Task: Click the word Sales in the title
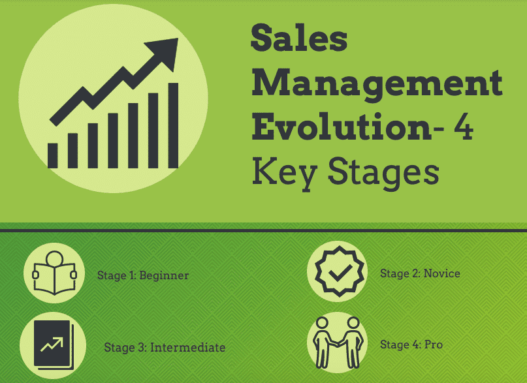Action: point(299,38)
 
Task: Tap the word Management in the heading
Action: point(377,85)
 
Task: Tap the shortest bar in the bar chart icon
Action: point(53,156)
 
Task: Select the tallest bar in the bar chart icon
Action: point(173,125)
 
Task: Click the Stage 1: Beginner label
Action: point(143,275)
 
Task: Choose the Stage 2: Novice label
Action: point(420,273)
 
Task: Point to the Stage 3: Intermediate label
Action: point(165,347)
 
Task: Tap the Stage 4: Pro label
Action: point(411,345)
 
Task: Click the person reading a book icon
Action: point(54,273)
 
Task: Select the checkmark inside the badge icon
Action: point(340,273)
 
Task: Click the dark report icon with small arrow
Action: point(54,345)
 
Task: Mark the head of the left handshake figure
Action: point(323,323)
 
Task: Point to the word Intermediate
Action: point(188,347)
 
